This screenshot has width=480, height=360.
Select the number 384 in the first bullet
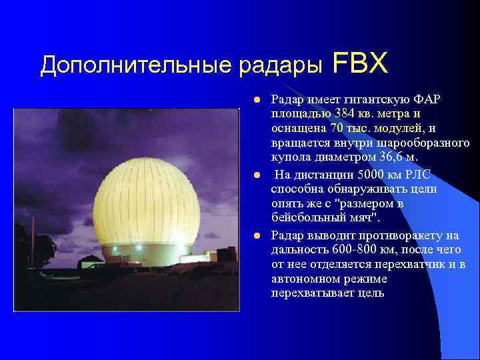click(x=346, y=114)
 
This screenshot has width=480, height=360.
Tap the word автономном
click(x=300, y=279)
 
